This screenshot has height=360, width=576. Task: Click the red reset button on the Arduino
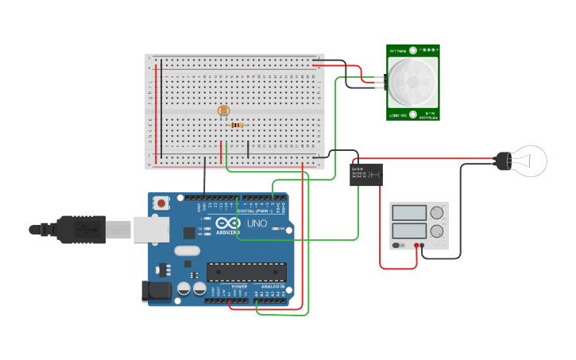[x=162, y=203]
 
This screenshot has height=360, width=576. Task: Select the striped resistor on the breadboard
[x=238, y=125]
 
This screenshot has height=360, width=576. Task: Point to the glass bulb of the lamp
[x=529, y=161]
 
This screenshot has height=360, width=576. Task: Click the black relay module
[x=366, y=174]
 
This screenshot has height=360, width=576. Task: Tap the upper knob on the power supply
[x=437, y=213]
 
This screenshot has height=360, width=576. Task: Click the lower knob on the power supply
[x=437, y=232]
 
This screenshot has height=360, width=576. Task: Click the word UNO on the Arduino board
[x=257, y=223]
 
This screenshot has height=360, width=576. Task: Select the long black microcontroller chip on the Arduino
[x=246, y=272]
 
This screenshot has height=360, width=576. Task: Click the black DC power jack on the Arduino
[x=157, y=292]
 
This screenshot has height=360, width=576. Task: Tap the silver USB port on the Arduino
[x=151, y=229]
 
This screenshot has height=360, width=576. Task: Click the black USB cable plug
[x=79, y=230]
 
